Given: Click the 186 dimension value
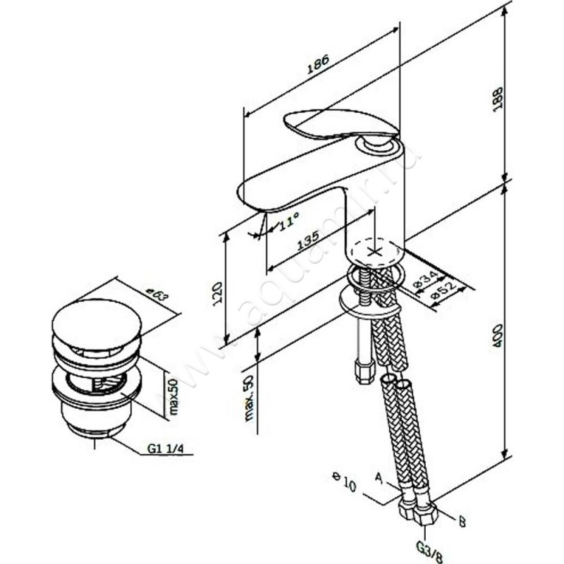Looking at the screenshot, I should click(x=319, y=68).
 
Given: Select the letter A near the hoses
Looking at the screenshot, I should click(x=378, y=479).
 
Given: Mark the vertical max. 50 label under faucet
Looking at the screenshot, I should click(x=247, y=398).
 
